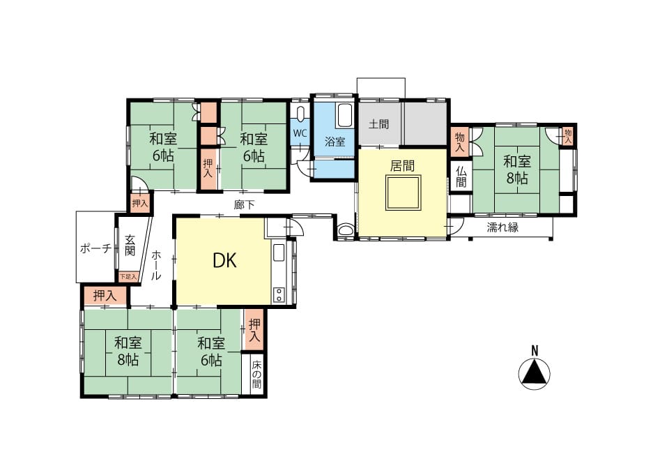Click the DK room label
tap(225, 261)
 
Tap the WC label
tap(300, 133)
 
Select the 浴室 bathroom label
tap(335, 142)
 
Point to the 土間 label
tap(379, 123)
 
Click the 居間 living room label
tap(402, 165)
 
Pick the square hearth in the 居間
tap(403, 193)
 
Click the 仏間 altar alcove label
tap(461, 176)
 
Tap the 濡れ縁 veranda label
tap(502, 227)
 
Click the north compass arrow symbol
tap(535, 374)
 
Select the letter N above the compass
tap(535, 350)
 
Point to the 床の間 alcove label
tap(256, 375)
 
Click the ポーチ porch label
tap(96, 248)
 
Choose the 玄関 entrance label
tap(130, 246)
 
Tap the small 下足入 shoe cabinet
tap(128, 277)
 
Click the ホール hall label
tap(155, 265)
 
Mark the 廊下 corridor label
tap(244, 204)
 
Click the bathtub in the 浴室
tap(344, 115)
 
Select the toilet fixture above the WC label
tap(300, 114)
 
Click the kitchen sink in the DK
tap(279, 252)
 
